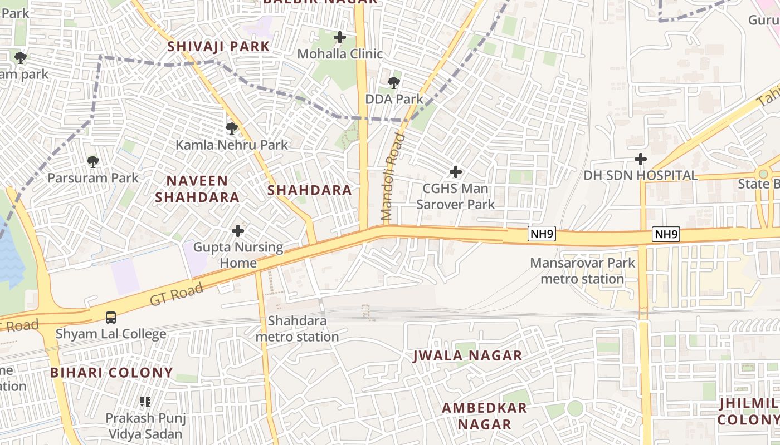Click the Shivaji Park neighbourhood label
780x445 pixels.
(x=219, y=47)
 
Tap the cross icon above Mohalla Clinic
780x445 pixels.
(x=340, y=38)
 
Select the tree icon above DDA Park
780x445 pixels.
(x=394, y=83)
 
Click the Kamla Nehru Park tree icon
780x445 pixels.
(x=232, y=129)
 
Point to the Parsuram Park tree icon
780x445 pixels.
(x=93, y=162)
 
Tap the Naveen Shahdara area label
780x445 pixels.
(x=197, y=189)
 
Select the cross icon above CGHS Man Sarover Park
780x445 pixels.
(x=456, y=172)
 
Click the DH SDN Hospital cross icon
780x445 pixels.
(x=641, y=160)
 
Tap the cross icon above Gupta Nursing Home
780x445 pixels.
(x=238, y=231)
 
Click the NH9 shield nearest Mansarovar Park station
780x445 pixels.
(x=542, y=234)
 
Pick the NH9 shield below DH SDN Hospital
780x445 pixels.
(x=666, y=234)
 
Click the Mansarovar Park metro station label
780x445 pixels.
(x=582, y=270)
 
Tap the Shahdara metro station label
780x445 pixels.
(x=297, y=329)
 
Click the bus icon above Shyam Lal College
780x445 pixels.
(x=111, y=318)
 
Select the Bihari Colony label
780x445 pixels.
(x=111, y=373)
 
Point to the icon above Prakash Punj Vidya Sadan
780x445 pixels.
(x=145, y=402)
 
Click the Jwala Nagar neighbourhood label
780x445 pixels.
(x=467, y=356)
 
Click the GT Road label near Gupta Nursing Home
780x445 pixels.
(x=177, y=293)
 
